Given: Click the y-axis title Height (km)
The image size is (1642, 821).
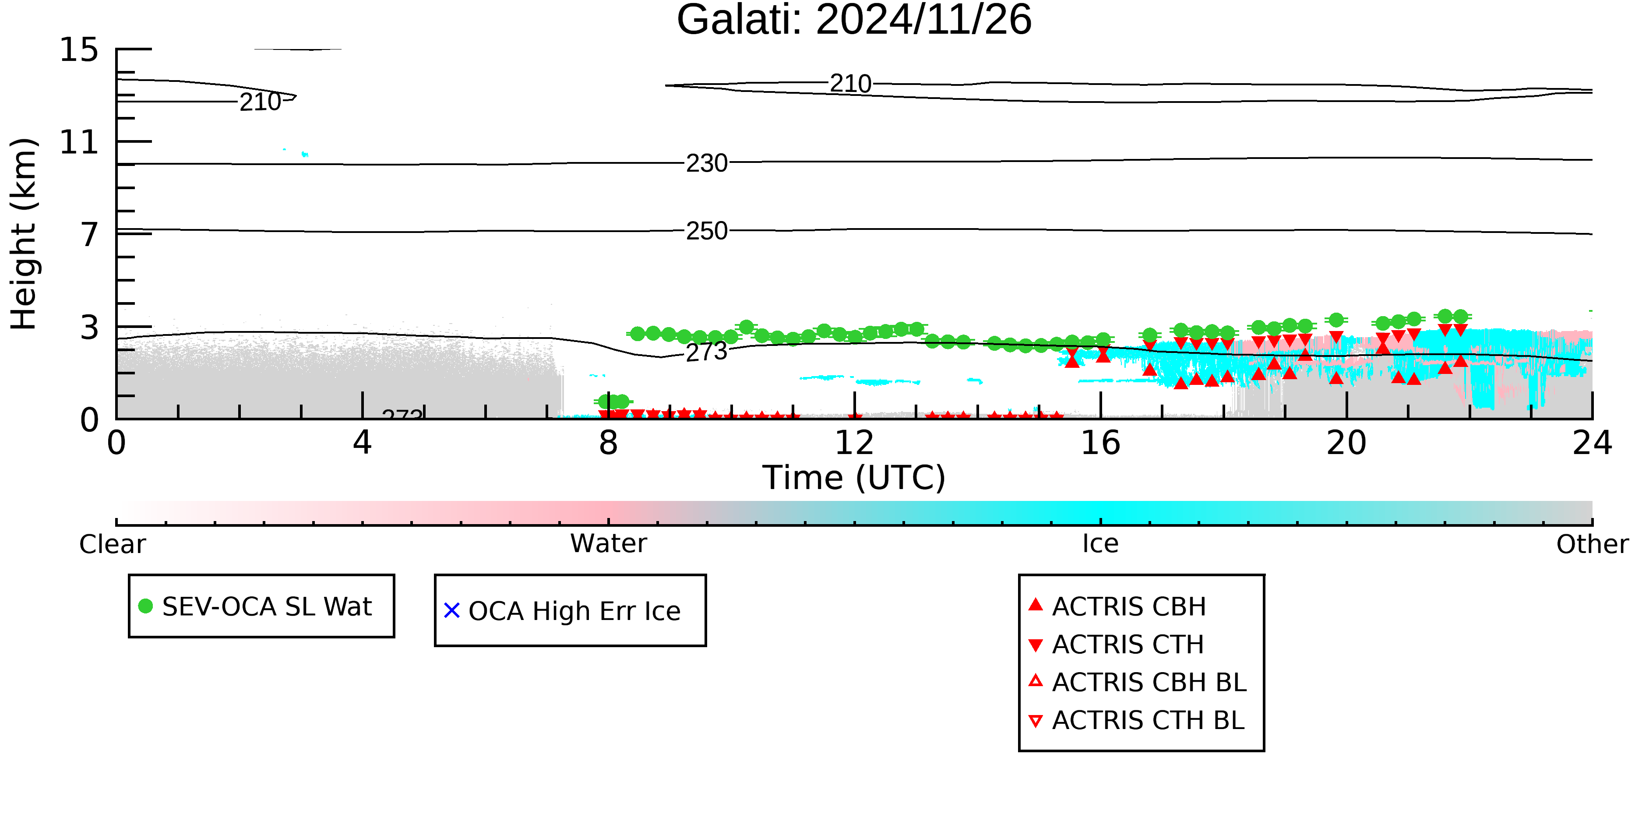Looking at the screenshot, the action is tap(24, 234).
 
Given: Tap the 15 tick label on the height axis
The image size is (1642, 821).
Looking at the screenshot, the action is tap(79, 50).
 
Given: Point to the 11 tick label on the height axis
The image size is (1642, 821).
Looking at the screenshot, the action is tap(79, 142).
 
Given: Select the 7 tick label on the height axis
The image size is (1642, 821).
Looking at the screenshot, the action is tap(90, 235).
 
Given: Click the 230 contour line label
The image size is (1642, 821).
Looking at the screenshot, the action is tap(707, 163).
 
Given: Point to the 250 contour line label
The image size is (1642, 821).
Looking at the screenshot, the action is tap(707, 231).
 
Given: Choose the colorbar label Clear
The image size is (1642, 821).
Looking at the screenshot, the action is tap(112, 544).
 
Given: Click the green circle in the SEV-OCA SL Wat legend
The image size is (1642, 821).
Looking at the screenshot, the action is tap(145, 606).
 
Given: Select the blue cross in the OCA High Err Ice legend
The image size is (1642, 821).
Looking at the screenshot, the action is tap(452, 611).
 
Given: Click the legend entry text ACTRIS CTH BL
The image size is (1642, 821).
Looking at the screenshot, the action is tap(1149, 720).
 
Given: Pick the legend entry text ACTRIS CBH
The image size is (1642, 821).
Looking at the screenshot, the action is tap(1129, 607).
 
